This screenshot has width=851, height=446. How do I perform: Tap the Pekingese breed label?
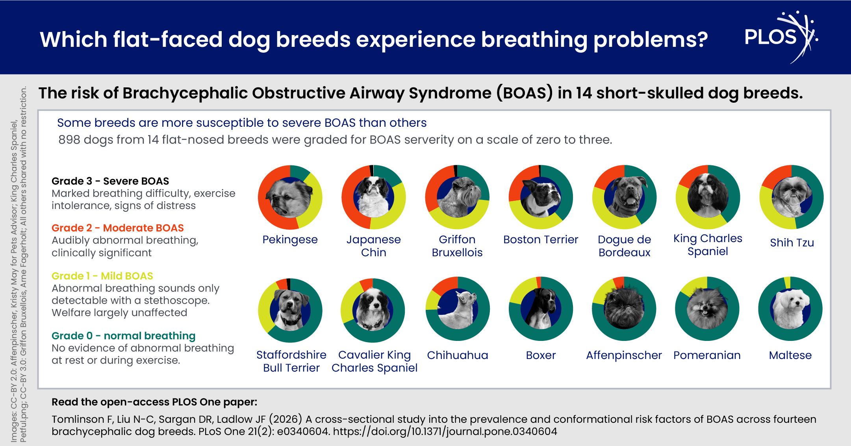click(290, 239)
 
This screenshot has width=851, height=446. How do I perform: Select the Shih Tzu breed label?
click(792, 242)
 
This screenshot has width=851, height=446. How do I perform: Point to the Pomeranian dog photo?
click(707, 309)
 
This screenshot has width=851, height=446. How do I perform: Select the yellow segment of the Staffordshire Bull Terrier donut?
click(265, 307)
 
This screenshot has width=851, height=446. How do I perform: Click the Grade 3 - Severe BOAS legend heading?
click(110, 181)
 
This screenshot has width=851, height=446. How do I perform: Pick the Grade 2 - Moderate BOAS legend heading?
click(118, 228)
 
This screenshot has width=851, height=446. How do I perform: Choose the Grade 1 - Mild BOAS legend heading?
click(102, 276)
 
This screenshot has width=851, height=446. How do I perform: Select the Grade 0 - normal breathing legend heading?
click(123, 336)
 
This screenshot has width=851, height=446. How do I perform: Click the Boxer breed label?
click(541, 355)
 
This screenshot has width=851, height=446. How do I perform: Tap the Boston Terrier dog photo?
click(541, 197)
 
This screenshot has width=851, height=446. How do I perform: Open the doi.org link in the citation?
click(445, 431)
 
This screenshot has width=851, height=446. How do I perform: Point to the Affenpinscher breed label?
click(624, 355)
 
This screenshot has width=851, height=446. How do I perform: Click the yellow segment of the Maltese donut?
click(787, 282)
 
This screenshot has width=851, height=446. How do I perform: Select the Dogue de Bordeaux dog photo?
click(625, 197)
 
